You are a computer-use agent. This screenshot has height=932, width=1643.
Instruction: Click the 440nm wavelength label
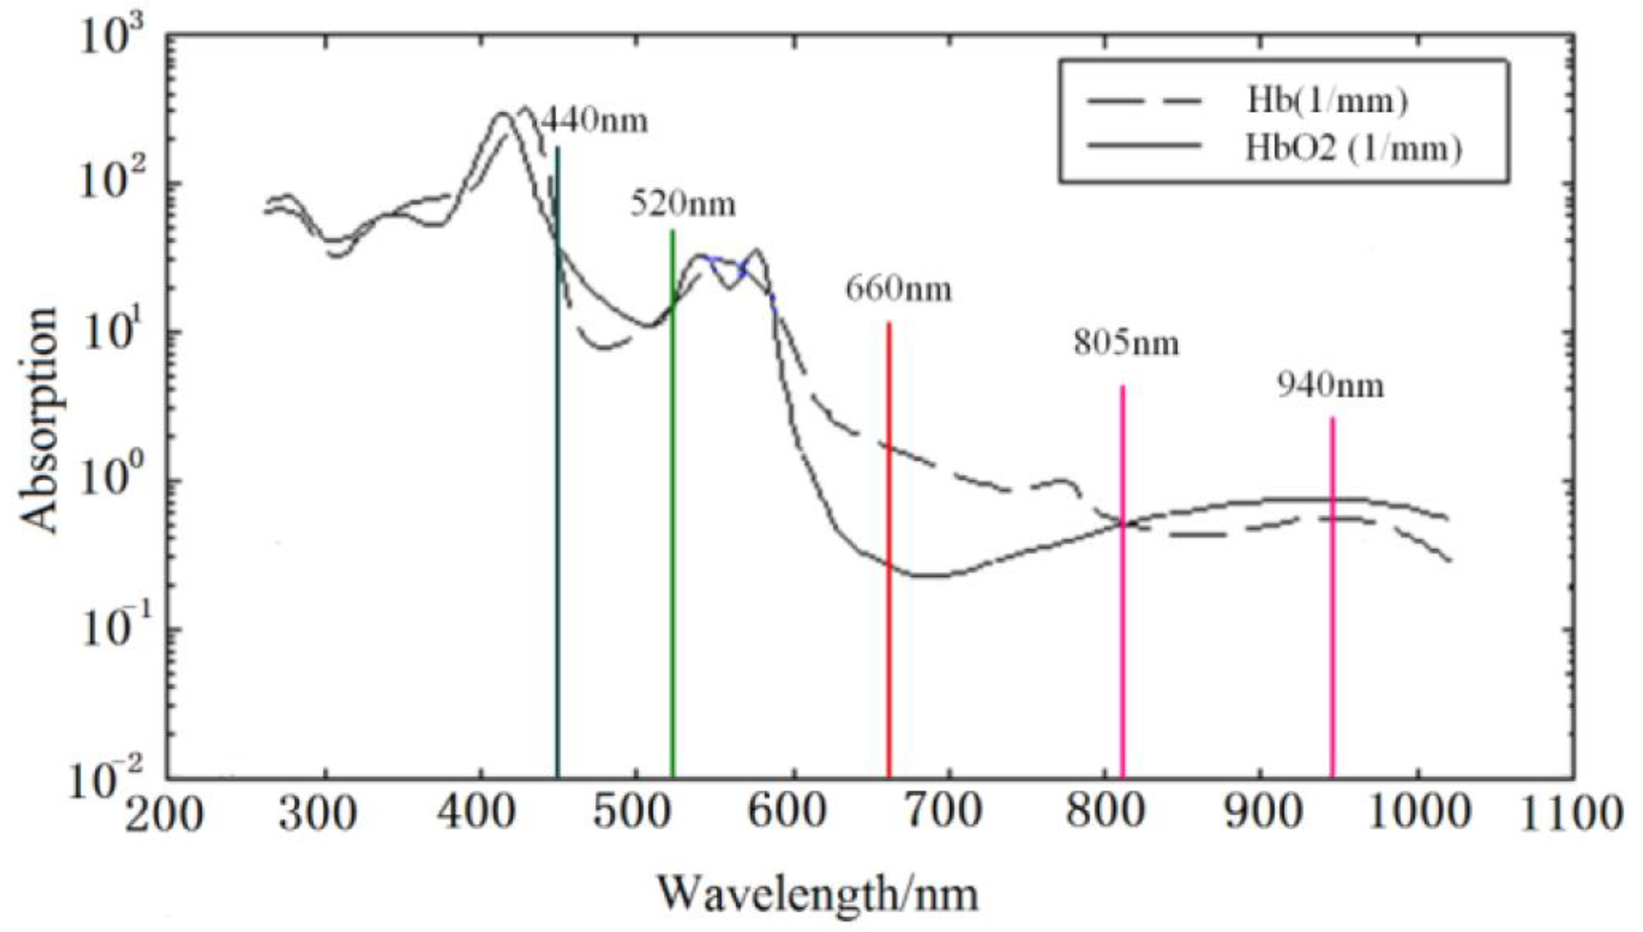pyautogui.click(x=595, y=121)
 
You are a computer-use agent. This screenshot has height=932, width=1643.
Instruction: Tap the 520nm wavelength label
pyautogui.click(x=683, y=204)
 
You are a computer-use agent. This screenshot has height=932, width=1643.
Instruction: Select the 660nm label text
pyautogui.click(x=898, y=289)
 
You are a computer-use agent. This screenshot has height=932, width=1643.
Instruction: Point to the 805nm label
pyautogui.click(x=1126, y=343)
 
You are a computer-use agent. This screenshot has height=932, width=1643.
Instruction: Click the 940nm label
pyautogui.click(x=1330, y=385)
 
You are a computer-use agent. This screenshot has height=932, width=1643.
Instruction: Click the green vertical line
pyautogui.click(x=672, y=512)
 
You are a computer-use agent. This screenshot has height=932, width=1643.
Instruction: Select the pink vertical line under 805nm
pyautogui.click(x=1122, y=640)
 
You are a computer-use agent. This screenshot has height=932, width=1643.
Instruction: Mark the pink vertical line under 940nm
pyautogui.click(x=1333, y=640)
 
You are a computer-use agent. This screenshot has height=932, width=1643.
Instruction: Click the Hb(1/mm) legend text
pyautogui.click(x=1327, y=101)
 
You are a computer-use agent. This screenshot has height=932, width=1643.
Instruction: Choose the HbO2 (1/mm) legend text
pyautogui.click(x=1353, y=148)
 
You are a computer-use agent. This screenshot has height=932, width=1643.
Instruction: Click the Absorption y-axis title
pyautogui.click(x=40, y=419)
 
